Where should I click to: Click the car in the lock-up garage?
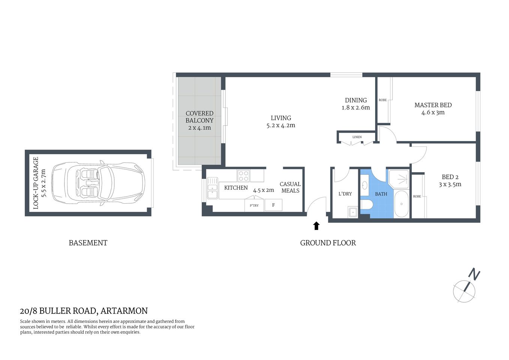[x=98, y=183]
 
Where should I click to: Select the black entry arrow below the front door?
[x=316, y=225]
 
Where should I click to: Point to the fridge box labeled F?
[x=273, y=205]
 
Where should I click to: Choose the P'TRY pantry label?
[x=254, y=205]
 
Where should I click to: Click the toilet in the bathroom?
[x=366, y=205]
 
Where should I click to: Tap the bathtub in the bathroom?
[x=401, y=204]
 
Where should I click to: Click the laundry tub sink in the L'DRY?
[x=353, y=212]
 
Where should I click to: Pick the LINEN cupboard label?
[x=357, y=137]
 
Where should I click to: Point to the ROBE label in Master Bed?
[x=383, y=100]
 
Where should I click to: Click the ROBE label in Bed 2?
[x=417, y=196]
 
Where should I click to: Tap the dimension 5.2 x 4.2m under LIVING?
[x=281, y=126]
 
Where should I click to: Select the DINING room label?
[x=356, y=100]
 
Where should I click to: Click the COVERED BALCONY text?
[x=200, y=117]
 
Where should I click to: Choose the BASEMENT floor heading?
[x=88, y=243]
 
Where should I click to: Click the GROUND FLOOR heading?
[x=328, y=243]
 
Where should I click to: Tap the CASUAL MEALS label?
[x=290, y=187]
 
